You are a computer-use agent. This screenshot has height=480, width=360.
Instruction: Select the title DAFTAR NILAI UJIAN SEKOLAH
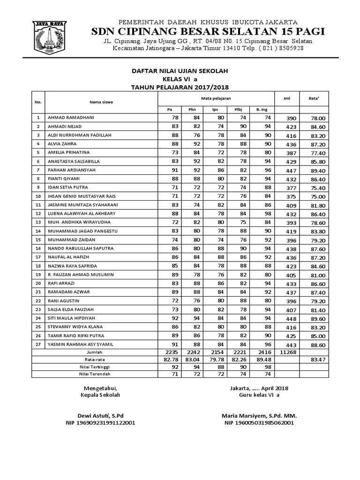point(179,70)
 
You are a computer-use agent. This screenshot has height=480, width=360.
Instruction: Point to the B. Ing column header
point(261,109)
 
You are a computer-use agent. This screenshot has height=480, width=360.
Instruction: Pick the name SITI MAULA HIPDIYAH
point(68,318)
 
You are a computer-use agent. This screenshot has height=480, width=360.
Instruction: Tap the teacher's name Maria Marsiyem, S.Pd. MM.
point(259,416)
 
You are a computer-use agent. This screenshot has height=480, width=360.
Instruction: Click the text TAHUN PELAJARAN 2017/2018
point(179,87)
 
